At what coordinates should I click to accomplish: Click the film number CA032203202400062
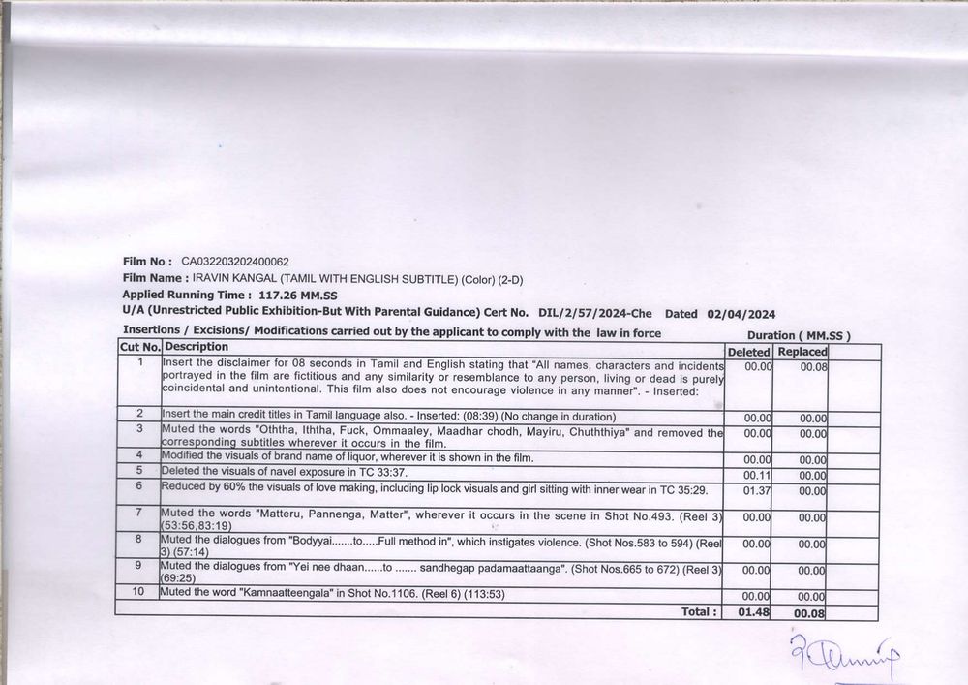tap(234, 262)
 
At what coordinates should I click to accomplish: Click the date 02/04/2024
tap(741, 313)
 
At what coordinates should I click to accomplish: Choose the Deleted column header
tap(748, 352)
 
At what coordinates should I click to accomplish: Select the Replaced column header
tap(802, 352)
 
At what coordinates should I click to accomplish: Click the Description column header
tap(197, 347)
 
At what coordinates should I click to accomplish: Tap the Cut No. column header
tap(139, 347)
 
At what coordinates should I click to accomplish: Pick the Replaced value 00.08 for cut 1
tap(813, 367)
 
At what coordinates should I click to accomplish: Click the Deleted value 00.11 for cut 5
tap(757, 476)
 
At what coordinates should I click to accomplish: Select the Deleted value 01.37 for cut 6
tap(757, 491)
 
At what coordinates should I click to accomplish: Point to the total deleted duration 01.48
tap(754, 612)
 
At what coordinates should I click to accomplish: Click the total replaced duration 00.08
tap(809, 613)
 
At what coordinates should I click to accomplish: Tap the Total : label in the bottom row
tap(699, 611)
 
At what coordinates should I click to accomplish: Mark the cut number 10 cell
tap(139, 591)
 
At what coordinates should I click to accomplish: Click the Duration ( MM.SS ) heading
tap(799, 335)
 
